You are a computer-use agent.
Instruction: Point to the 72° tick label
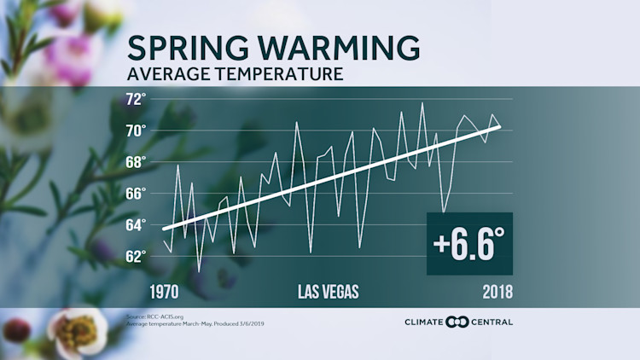coord(136,99)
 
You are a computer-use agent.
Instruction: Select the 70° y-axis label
coord(136,131)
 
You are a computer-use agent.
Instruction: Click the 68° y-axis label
coord(136,162)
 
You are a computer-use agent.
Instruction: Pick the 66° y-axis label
coord(136,194)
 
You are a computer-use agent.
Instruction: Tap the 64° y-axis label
coord(136,225)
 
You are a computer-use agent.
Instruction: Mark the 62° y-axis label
coord(136,256)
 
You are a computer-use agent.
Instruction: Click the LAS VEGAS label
coord(328,291)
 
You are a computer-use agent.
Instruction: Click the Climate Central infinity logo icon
coord(459,322)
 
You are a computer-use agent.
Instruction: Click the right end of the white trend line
coord(500,126)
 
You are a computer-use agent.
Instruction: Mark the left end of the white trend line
coord(163,229)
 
